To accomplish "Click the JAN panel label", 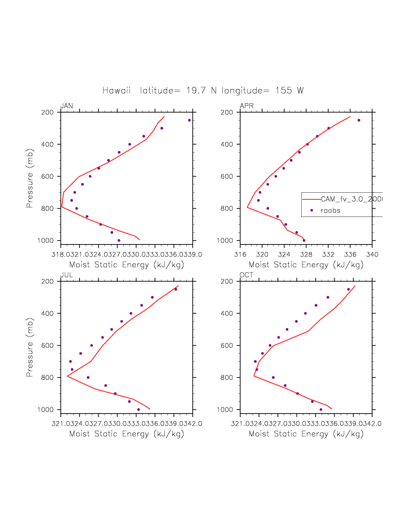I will [66, 106].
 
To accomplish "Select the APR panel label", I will [246, 106].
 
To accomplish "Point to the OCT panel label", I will [246, 275].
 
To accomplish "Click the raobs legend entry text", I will [331, 210].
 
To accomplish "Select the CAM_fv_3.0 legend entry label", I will [351, 199].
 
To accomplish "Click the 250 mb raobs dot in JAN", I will [189, 120].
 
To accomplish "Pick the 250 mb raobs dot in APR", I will [359, 120].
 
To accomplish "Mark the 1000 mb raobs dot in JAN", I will [119, 240].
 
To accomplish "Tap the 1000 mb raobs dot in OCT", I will [321, 409].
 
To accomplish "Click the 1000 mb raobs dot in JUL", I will [138, 409].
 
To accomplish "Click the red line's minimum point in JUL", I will [68, 376].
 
